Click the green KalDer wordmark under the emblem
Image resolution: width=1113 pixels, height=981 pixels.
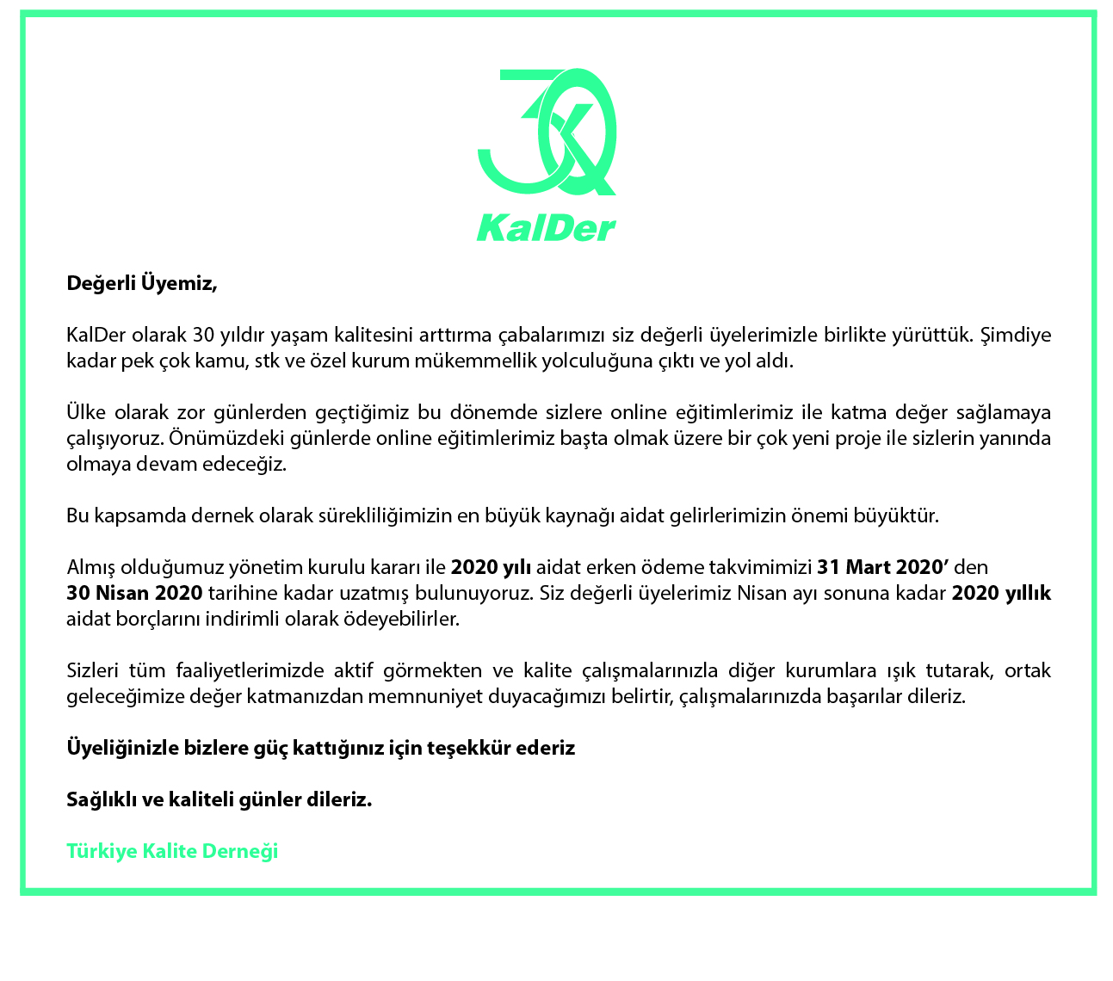tap(546, 229)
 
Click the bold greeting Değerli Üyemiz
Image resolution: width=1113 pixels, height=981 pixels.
tap(142, 282)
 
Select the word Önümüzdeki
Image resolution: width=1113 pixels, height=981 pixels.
tap(219, 438)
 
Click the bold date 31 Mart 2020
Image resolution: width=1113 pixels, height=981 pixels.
tap(882, 567)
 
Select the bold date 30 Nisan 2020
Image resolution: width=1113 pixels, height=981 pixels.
tap(134, 593)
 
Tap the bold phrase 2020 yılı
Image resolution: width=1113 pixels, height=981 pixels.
tap(491, 567)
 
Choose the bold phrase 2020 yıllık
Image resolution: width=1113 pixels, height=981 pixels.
tap(1001, 593)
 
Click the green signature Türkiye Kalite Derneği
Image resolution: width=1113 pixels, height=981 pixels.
tap(172, 851)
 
